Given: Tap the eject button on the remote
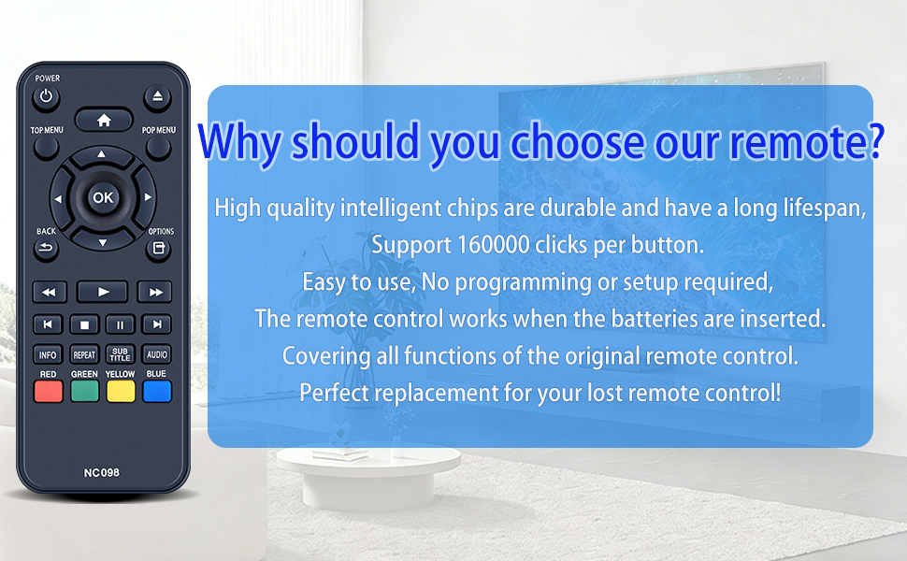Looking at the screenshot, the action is (x=157, y=97).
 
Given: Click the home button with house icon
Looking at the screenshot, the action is (x=104, y=120).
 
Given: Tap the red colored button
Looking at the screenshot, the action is (x=48, y=392).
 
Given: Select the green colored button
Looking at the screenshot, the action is (x=84, y=392).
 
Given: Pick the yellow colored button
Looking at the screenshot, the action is (x=121, y=392).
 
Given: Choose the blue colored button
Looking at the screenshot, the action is (x=157, y=392).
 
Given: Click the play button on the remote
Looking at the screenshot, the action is (x=102, y=292).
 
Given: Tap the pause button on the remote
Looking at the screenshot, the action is (x=121, y=324).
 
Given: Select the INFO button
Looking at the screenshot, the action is (x=48, y=354).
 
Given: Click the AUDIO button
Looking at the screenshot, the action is (x=157, y=354).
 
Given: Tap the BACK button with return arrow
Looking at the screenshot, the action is (x=46, y=250).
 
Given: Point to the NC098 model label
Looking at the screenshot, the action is (x=102, y=472).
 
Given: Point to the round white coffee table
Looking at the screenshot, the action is (x=367, y=475).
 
